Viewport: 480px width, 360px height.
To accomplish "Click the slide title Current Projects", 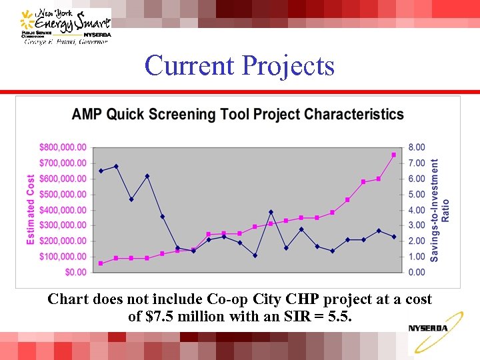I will point(239,65).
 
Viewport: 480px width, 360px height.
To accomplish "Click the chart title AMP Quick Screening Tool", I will point(237,114).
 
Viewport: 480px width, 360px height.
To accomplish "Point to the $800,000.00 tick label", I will point(63,147).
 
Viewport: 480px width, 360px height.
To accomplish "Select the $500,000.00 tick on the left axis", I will point(63,194).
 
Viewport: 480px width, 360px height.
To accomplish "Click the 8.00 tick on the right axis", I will point(416,147).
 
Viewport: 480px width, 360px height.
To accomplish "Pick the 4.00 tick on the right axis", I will point(416,210).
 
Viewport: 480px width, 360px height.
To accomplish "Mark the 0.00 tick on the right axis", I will point(416,272).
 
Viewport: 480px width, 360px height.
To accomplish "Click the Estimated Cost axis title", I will point(31,209).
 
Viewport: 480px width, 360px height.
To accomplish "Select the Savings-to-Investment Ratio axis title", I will point(439,209).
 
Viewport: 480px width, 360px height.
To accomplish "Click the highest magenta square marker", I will point(394,155).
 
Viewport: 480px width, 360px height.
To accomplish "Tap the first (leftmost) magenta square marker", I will point(101,263).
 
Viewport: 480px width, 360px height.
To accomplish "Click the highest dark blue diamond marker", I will point(116,167).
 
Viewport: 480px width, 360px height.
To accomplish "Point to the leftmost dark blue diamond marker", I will point(101,171).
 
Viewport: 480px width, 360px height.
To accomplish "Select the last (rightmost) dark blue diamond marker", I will point(394,237).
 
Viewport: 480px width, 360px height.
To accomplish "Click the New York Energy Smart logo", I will point(65,26).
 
